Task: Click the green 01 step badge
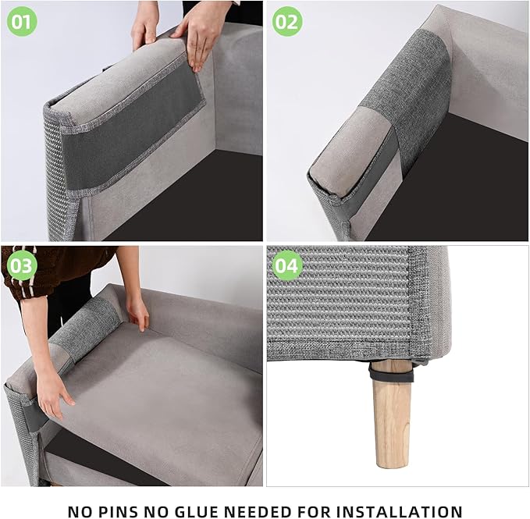tap(21, 21)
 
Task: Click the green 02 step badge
tap(287, 21)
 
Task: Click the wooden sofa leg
tap(392, 418)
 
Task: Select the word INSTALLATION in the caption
tap(401, 511)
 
